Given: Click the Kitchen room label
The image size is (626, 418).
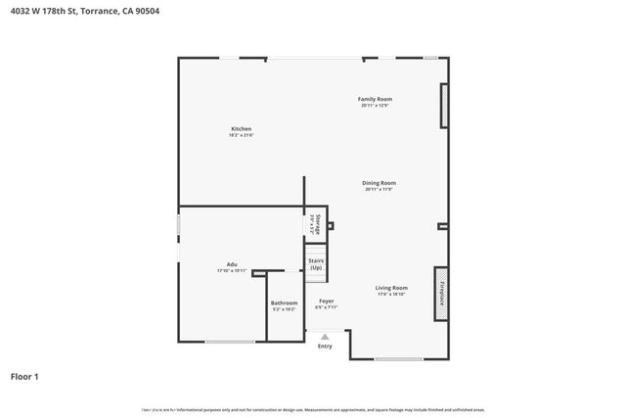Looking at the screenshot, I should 241,129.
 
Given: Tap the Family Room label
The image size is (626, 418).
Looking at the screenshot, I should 375,99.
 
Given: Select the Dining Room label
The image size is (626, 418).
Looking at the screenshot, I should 380,182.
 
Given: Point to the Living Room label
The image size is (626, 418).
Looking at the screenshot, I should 391,288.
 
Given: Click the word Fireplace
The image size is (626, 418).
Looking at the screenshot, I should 441,294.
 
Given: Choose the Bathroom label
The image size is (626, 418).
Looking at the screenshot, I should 284,303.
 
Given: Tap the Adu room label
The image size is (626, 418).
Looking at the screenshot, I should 232,264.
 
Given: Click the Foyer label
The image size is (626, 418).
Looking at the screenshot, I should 326,302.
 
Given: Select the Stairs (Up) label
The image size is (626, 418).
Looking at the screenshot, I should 316,264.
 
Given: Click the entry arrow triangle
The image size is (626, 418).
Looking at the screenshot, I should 325,337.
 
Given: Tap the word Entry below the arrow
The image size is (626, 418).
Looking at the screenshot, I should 325,346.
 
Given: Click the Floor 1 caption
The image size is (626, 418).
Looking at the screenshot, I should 24,376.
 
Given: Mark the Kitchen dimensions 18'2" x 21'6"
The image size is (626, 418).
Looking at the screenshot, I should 241,136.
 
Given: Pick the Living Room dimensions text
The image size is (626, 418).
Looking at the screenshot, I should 391,295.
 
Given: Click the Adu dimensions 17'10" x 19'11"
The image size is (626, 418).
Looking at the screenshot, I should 232,271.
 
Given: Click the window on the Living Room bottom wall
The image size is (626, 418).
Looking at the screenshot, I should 398,359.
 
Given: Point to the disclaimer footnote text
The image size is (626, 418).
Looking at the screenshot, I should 313,410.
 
